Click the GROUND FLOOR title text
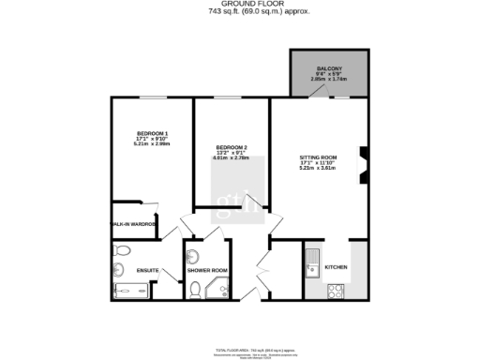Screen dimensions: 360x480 click(239, 5)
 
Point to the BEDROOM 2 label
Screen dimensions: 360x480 click(232, 148)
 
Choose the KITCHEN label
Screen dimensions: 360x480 click(337, 267)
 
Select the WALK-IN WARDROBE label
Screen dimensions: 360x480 click(133, 225)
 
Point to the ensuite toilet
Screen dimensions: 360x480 click(119, 250)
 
